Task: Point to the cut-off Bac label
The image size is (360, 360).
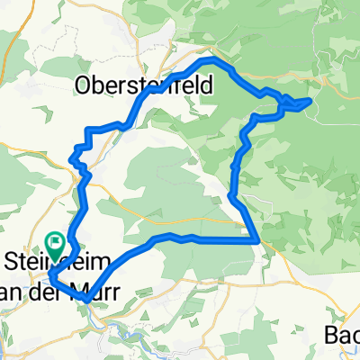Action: coord(343,335)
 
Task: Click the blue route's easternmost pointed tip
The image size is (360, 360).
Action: coord(312,101)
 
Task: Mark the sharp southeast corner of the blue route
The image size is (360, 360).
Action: coord(259,240)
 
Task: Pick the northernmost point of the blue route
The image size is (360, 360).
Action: coord(212,58)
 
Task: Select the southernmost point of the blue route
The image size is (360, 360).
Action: coord(85,298)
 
